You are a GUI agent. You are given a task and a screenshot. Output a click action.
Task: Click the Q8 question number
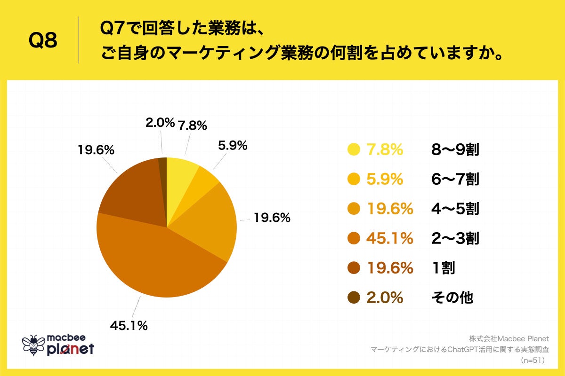pyautogui.click(x=43, y=41)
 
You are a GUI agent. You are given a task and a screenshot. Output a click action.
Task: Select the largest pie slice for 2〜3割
pyautogui.click(x=155, y=263)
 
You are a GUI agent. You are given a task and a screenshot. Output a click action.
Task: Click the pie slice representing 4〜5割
pyautogui.click(x=212, y=221)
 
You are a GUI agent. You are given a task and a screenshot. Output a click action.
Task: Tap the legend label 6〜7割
pyautogui.click(x=455, y=179)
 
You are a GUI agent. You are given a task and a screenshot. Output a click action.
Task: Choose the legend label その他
pyautogui.click(x=452, y=298)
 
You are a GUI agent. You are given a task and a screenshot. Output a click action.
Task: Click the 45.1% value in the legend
pyautogui.click(x=389, y=238)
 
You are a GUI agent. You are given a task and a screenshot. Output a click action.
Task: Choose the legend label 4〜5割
pyautogui.click(x=455, y=209)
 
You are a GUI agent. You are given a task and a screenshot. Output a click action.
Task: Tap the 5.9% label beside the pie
pyautogui.click(x=232, y=146)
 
